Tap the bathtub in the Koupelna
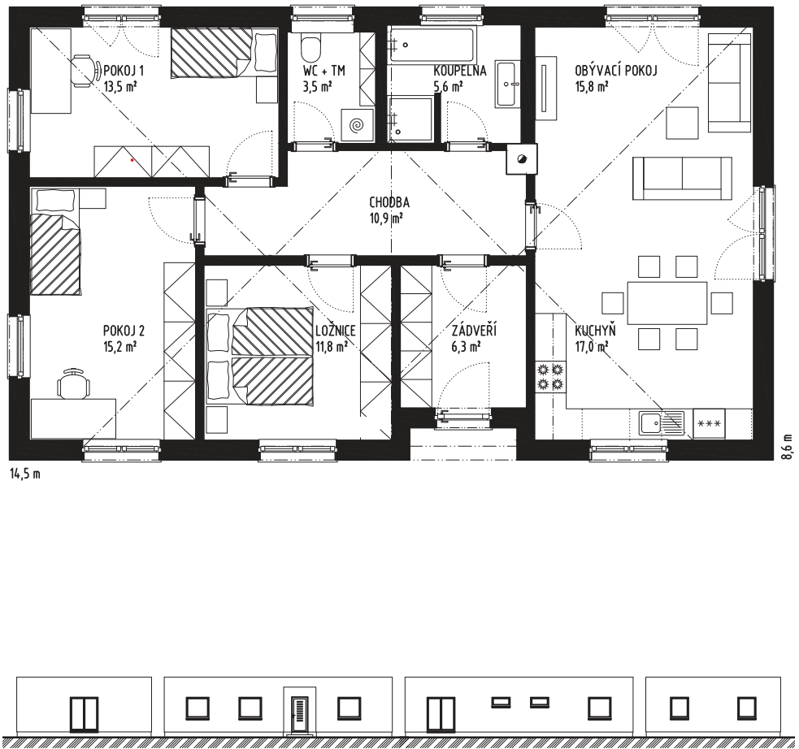(432, 45)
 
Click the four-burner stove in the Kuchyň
(550, 377)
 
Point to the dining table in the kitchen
(667, 303)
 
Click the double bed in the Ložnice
(260, 356)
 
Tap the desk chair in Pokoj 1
(85, 71)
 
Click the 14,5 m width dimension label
(25, 474)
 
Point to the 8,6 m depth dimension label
(788, 447)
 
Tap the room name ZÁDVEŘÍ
(474, 331)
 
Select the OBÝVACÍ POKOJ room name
(616, 70)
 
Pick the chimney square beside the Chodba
(521, 159)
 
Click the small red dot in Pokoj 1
(132, 160)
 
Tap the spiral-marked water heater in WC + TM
(356, 123)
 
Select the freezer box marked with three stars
(709, 423)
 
